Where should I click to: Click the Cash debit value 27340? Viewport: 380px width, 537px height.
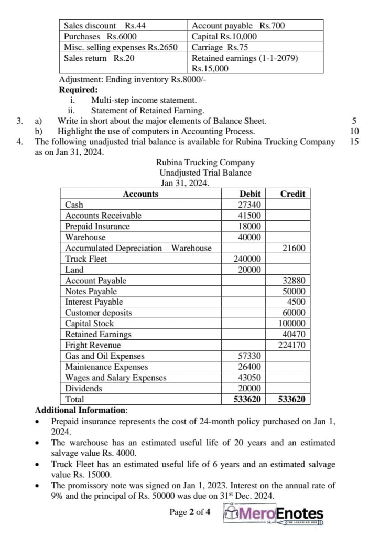[249, 205]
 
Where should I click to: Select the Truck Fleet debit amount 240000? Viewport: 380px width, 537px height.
[247, 259]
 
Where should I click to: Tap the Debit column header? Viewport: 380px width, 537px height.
[249, 194]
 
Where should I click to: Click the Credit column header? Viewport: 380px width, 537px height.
[292, 194]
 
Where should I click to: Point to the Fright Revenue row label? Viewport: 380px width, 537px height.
[93, 346]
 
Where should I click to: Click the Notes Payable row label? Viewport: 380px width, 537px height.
[91, 291]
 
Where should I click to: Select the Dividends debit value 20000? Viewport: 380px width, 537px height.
[249, 389]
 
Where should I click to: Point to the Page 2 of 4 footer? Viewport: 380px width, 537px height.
[190, 512]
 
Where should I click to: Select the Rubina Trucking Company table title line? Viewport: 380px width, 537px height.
[205, 163]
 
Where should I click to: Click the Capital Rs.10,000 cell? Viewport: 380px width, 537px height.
[224, 36]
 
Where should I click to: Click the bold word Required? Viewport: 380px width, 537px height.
[78, 90]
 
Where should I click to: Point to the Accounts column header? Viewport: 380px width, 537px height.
[140, 194]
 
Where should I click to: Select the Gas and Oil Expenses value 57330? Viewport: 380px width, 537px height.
[249, 356]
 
